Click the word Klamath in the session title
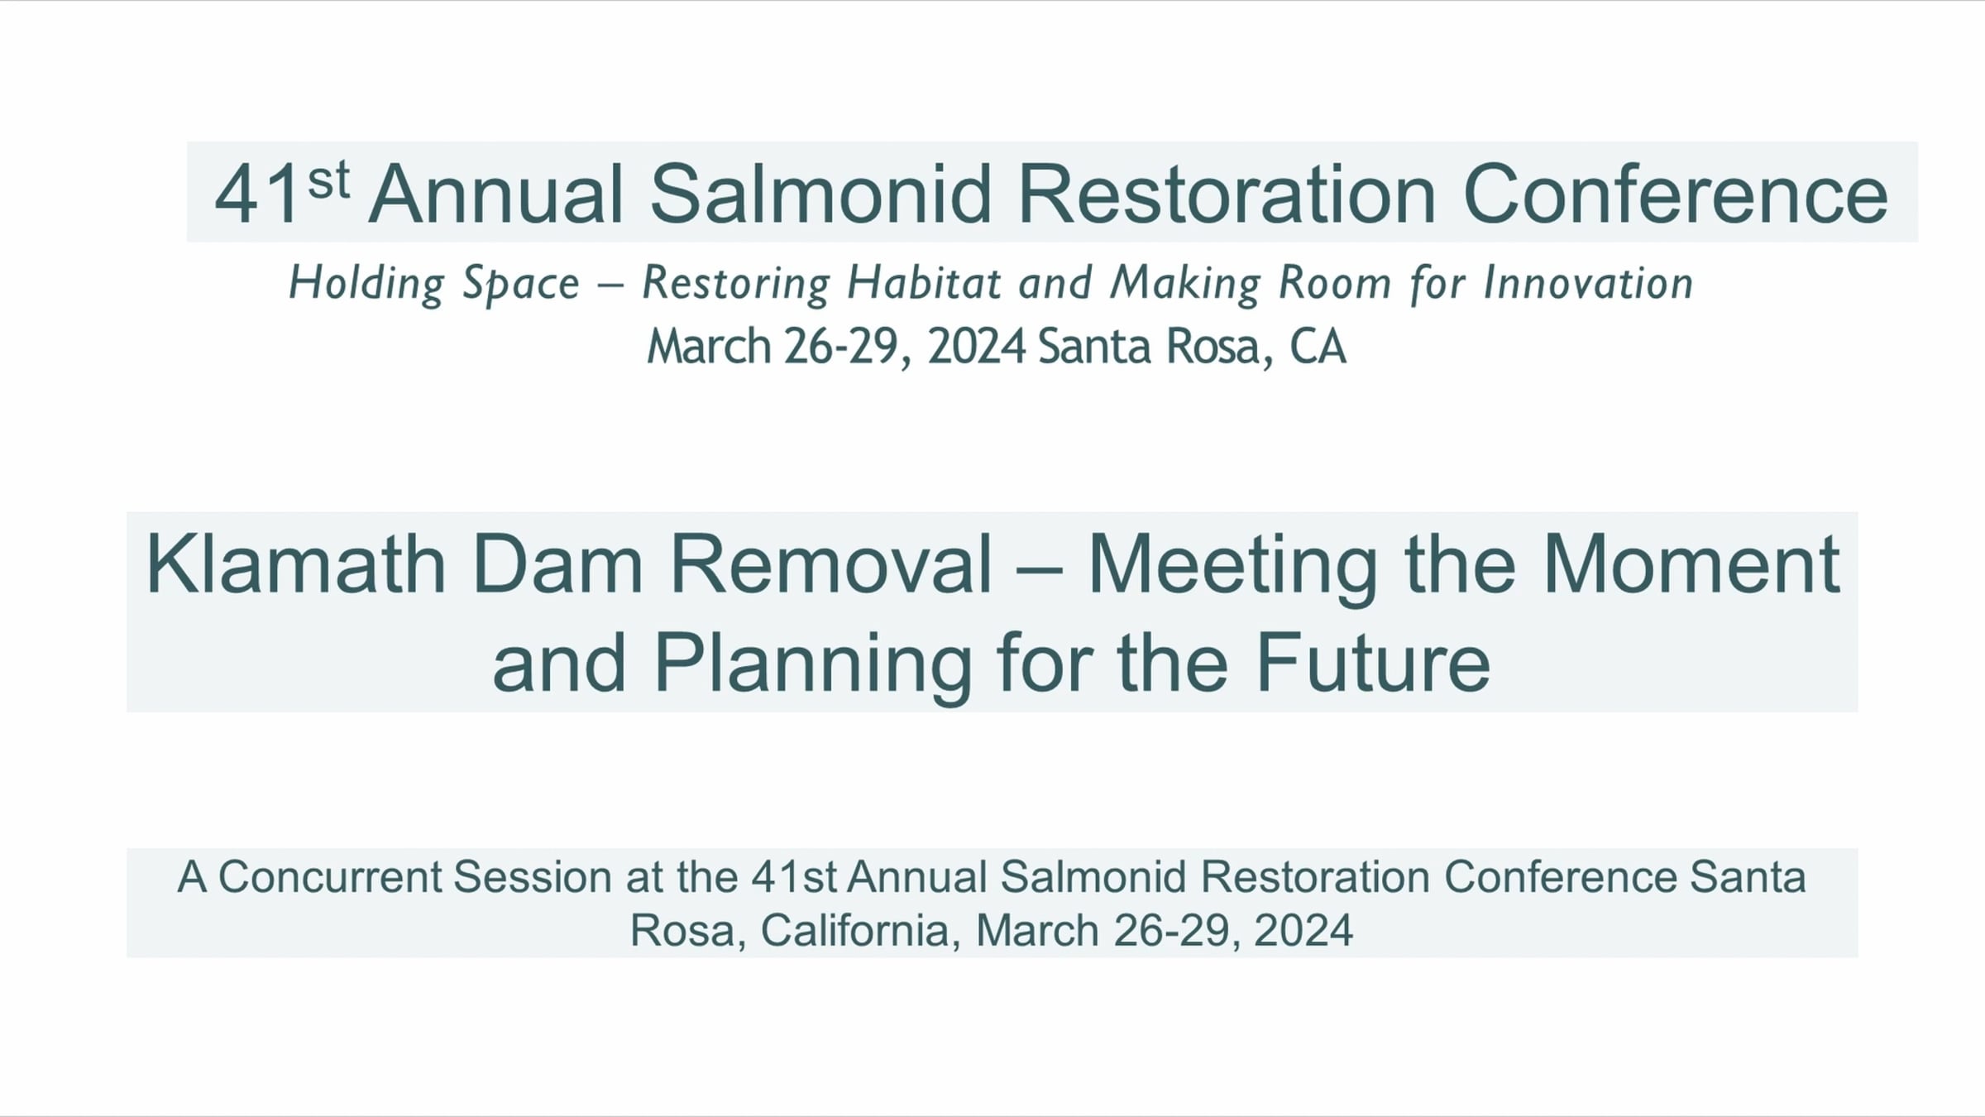point(295,564)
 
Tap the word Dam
point(557,564)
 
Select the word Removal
point(830,564)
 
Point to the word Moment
point(1691,564)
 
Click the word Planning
point(813,664)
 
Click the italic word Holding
point(366,284)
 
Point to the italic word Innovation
point(1588,283)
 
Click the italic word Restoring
point(736,284)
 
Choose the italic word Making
point(1185,284)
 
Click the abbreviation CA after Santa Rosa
point(1318,346)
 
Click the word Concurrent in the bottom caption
point(331,877)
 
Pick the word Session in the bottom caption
point(533,877)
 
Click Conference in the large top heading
point(1676,194)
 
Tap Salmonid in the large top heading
point(820,194)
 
